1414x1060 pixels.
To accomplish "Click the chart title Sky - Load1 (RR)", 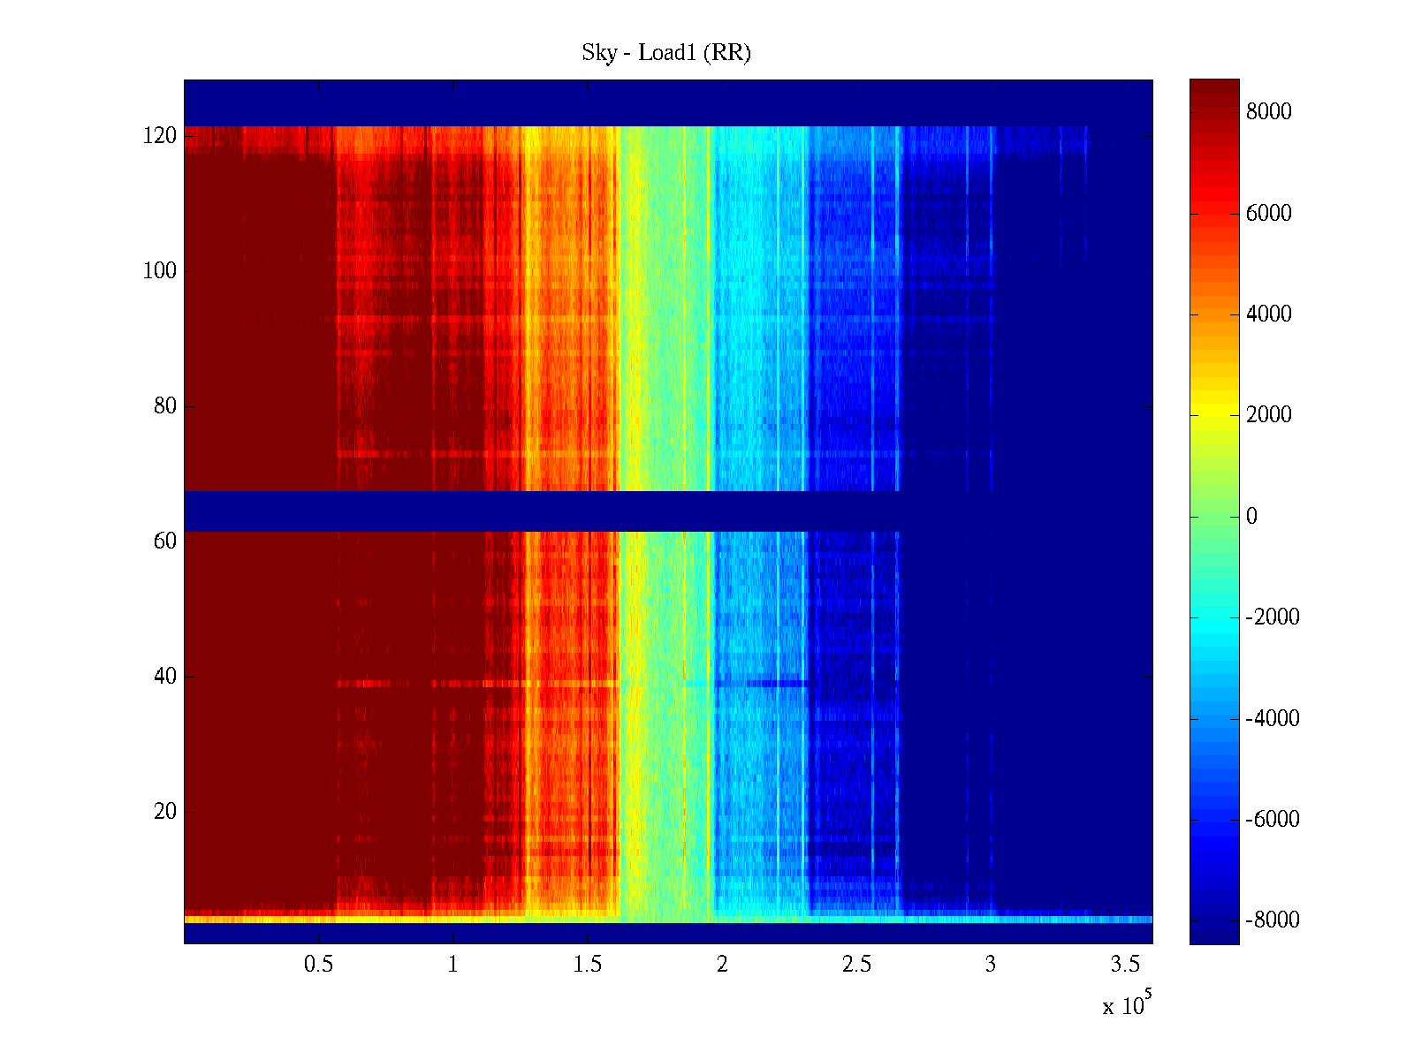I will [666, 53].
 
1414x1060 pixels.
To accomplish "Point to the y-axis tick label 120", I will [160, 136].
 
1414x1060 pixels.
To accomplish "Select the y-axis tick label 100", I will [160, 271].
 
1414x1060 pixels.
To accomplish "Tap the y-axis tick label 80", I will [165, 406].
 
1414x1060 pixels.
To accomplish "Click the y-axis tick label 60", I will [165, 541].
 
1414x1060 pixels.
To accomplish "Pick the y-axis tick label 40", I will [165, 677].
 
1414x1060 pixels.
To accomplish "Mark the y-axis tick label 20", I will [165, 812].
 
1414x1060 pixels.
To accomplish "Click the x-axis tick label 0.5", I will [318, 965].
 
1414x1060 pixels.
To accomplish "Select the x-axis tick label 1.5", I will [587, 965].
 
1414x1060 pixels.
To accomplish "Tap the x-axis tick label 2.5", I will [856, 965].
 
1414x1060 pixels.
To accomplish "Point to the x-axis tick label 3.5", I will [1125, 965].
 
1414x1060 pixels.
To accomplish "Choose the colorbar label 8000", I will [1269, 111].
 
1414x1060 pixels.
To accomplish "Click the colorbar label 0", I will [1251, 517].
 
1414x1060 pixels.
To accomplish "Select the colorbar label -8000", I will [1273, 920].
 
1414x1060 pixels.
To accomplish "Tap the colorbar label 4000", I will [1269, 314].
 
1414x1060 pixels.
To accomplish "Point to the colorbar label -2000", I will [1273, 617].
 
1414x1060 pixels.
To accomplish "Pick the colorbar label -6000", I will [1273, 820].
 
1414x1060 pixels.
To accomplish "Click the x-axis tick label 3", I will [991, 965].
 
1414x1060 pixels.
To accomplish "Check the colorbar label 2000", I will [1269, 415].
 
